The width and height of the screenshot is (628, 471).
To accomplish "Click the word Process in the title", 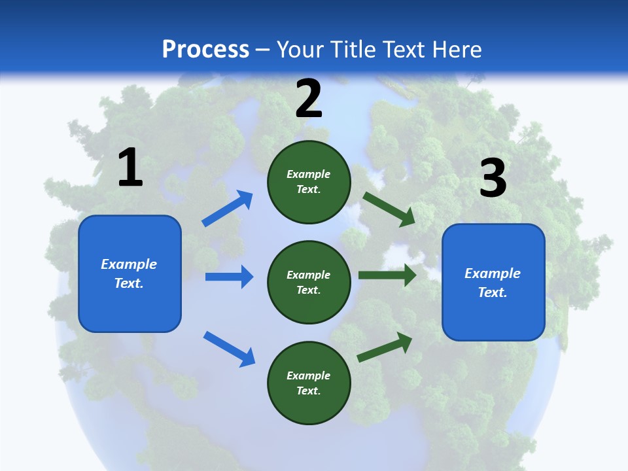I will (205, 49).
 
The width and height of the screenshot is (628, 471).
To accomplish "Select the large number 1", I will (130, 168).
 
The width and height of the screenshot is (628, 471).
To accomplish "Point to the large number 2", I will (309, 99).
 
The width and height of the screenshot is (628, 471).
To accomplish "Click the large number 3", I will (493, 178).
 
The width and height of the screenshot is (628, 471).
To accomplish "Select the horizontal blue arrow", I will (229, 277).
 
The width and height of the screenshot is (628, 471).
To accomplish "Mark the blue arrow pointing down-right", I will (230, 349).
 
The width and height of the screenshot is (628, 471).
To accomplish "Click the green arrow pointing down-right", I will (389, 209).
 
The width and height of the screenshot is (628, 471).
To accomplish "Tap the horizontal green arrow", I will (387, 275).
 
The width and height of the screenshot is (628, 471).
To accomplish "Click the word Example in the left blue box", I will (129, 264).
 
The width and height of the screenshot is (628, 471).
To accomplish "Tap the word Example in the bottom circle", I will (308, 375).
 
